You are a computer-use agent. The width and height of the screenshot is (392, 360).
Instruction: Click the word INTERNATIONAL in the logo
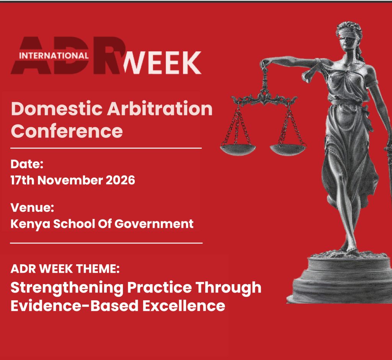point(54,56)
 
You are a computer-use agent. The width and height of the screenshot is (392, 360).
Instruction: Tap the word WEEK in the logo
point(162,62)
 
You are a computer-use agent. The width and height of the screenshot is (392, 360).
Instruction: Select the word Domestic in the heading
point(57,109)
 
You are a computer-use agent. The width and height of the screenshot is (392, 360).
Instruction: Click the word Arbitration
point(160,109)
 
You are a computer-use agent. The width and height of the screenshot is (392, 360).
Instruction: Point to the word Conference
point(67,131)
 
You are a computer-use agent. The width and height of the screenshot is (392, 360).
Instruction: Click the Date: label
point(27,164)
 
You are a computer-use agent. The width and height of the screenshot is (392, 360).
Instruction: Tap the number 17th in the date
point(22,180)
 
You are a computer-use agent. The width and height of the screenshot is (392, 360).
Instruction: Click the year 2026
point(121,180)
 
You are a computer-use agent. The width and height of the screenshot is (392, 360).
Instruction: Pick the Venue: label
point(32,208)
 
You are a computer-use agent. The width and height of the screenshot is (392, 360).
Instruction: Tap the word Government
point(154,224)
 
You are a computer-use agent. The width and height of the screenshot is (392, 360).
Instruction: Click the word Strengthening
point(67,288)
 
